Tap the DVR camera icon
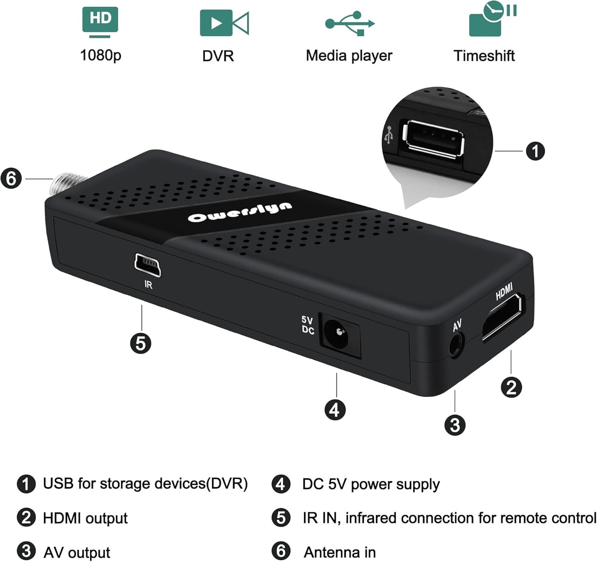(224, 23)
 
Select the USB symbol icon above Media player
(349, 23)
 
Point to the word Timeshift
(484, 56)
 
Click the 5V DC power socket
(339, 335)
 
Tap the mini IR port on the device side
(148, 265)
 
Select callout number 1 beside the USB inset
(535, 151)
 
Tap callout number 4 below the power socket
(335, 410)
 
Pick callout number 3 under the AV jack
(455, 425)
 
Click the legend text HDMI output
(86, 519)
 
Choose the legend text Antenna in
(339, 552)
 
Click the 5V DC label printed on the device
(308, 325)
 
